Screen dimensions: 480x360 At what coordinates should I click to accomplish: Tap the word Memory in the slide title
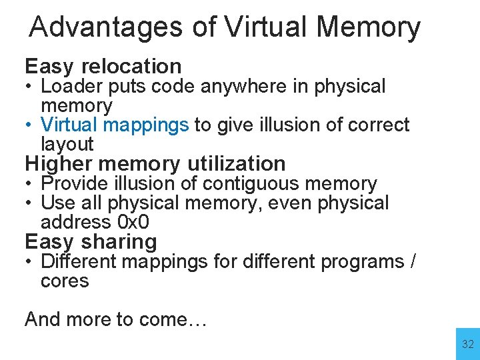369,28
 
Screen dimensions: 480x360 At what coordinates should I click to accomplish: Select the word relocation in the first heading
131,66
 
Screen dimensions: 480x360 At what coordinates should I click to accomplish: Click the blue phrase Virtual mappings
115,125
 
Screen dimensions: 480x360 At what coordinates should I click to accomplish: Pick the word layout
67,144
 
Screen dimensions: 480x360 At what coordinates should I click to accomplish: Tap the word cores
65,281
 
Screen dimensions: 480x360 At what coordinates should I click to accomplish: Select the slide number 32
468,345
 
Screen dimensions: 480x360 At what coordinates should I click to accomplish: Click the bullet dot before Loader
30,87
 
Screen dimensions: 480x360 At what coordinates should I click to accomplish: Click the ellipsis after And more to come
198,320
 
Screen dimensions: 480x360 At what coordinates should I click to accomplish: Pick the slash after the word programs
413,262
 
